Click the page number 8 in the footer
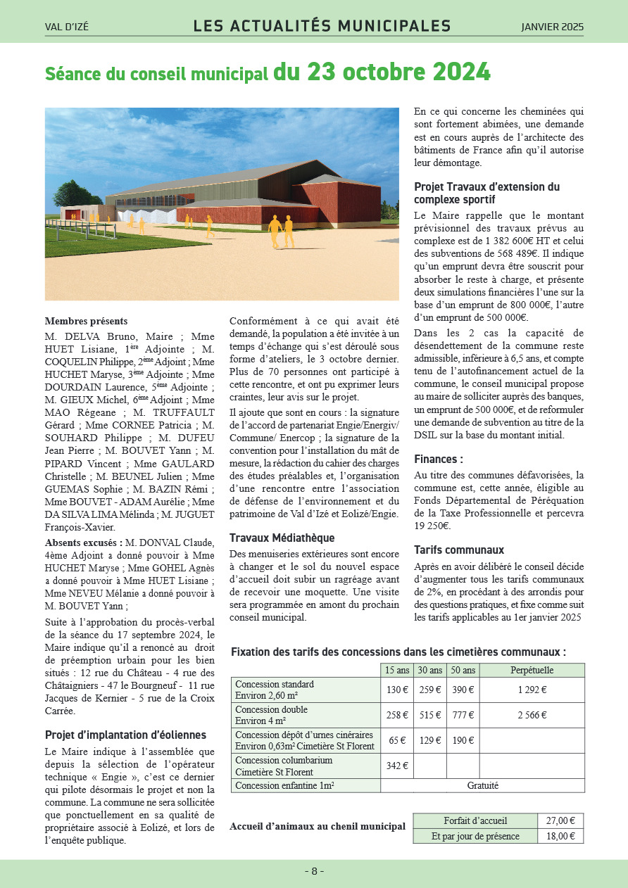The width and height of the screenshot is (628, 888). (314, 871)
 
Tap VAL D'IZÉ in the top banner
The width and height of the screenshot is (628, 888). (69, 27)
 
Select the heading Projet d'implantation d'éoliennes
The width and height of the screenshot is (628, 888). (125, 735)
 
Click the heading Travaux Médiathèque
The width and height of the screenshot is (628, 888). (272, 538)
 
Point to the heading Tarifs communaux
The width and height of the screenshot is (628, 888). (459, 550)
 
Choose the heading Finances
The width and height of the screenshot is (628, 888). (438, 459)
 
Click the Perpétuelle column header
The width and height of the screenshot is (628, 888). (532, 671)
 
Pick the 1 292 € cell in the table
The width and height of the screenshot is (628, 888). (532, 690)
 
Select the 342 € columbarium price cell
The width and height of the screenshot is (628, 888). (397, 766)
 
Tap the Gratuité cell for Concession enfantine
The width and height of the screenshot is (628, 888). (482, 785)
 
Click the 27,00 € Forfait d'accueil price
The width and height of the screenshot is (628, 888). (560, 820)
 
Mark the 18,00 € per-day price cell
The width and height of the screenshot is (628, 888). (560, 836)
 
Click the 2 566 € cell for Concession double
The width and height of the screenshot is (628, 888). (532, 715)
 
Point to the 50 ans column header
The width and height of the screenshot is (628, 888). (463, 671)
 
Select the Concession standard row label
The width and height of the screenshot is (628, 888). (275, 684)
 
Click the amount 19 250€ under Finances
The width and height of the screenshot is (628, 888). (432, 526)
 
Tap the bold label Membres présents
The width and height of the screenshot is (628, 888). (86, 321)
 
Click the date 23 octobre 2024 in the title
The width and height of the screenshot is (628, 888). (398, 72)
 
